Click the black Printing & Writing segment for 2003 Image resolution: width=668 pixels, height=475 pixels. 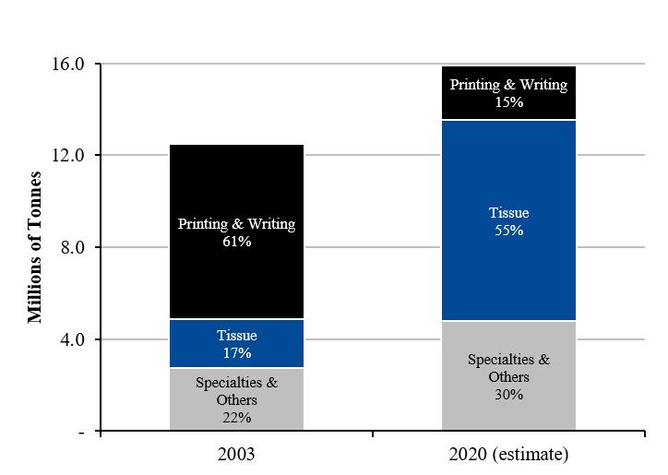(x=236, y=232)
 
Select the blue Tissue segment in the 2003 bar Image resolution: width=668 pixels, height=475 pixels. (x=236, y=343)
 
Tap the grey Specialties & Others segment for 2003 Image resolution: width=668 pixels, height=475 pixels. (x=236, y=398)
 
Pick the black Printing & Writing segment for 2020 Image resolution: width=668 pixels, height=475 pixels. (x=508, y=92)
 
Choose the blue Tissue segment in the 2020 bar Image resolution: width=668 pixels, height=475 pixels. (x=508, y=220)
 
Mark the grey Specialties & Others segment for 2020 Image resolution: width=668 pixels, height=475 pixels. (x=508, y=375)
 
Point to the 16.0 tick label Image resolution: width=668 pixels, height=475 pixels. (x=68, y=64)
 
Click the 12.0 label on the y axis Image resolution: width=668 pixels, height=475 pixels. (x=68, y=155)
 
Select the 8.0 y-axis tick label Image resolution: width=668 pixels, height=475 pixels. (x=72, y=247)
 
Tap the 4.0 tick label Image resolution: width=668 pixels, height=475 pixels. (x=72, y=339)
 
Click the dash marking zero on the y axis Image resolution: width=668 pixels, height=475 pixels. (x=81, y=433)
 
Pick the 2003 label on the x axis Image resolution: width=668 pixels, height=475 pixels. (x=236, y=454)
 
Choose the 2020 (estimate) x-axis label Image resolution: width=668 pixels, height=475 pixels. (x=508, y=455)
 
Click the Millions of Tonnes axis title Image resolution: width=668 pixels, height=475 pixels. (x=35, y=247)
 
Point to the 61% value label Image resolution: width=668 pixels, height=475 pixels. (x=237, y=242)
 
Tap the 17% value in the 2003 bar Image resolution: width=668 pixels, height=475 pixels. (x=237, y=353)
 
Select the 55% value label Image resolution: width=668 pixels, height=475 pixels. (x=509, y=231)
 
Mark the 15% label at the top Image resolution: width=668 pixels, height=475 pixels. (x=509, y=102)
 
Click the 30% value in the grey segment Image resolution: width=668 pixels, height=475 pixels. (x=509, y=395)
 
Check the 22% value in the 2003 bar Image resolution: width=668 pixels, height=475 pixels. (x=237, y=418)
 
